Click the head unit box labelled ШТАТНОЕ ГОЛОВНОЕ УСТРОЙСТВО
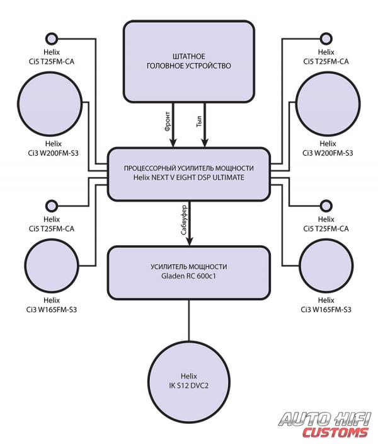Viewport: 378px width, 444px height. pos(189,61)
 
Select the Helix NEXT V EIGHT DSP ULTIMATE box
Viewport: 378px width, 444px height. pos(189,174)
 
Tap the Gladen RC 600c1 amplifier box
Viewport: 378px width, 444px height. pos(189,272)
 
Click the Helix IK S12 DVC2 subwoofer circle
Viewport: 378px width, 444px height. pos(189,382)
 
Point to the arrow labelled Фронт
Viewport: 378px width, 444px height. pos(173,125)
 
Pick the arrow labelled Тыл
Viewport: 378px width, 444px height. pos(205,125)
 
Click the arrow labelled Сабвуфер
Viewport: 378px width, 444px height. pos(189,223)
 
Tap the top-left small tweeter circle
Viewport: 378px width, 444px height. pos(52,38)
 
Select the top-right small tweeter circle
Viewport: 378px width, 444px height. pos(326,38)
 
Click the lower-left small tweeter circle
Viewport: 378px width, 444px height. pos(52,206)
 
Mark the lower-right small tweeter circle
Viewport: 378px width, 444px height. pos(326,206)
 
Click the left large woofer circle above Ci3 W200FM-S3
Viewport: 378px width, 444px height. pos(50,103)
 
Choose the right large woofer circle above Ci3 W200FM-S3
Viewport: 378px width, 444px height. pos(328,103)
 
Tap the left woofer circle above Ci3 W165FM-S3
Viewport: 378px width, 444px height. pos(52,266)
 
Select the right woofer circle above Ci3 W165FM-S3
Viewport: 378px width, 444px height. pos(326,266)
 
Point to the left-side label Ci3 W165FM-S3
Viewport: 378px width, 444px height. pos(52,310)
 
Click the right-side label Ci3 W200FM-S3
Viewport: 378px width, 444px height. pos(328,153)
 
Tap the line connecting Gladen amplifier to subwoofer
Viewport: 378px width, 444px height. pos(189,320)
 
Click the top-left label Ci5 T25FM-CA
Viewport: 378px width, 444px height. pos(52,61)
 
